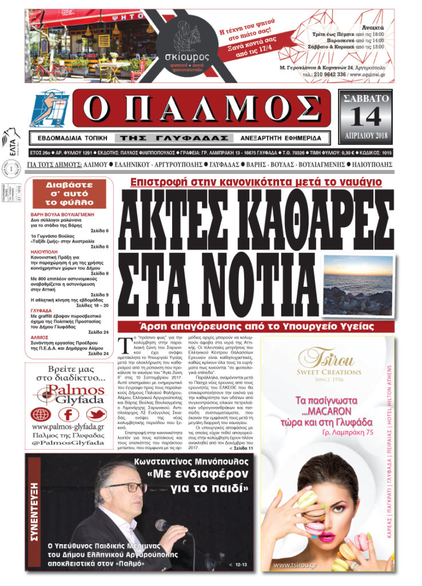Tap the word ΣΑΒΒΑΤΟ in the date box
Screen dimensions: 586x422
tap(366, 99)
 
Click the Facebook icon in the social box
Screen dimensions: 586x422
tap(67, 414)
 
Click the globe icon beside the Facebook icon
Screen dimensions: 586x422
tap(41, 414)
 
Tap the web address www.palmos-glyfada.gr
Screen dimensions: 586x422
tap(67, 427)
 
